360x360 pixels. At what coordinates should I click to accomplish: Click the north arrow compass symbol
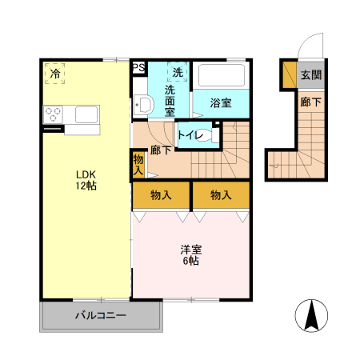pos(311,315)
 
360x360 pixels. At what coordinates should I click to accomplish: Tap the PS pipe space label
pos(138,67)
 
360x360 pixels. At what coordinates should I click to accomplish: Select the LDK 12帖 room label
pos(86,180)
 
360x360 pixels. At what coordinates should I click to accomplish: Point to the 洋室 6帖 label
pos(191,255)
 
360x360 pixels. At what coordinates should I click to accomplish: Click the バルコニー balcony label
pos(101,316)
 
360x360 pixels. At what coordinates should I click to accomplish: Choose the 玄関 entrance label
pos(311,75)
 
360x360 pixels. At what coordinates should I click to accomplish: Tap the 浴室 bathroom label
pos(221,103)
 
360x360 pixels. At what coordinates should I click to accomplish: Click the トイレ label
pos(190,135)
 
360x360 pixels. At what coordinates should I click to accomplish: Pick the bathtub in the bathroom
pos(222,75)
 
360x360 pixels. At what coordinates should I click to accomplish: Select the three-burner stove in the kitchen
pos(53,114)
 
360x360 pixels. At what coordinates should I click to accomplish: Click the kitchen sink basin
pos(86,114)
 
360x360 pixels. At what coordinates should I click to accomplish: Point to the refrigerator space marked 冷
pos(55,74)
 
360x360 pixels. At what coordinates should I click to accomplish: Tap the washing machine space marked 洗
pos(178,72)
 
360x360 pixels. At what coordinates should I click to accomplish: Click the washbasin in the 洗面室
pos(143,105)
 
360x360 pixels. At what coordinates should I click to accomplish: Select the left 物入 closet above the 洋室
pos(161,195)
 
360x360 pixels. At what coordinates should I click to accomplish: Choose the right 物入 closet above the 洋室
pos(221,195)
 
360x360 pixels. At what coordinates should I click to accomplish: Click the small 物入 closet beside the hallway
pos(138,165)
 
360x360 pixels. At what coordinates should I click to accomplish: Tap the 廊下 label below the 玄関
pos(311,102)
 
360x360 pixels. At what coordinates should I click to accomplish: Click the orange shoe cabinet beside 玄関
pos(290,75)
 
